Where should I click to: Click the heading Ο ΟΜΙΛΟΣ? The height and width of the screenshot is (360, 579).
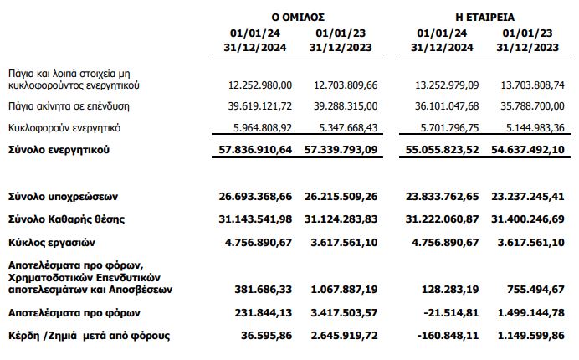(x=299, y=16)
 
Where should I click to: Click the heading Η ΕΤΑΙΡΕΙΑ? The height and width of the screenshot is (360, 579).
(x=487, y=16)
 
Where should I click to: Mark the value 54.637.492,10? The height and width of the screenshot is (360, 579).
(x=527, y=150)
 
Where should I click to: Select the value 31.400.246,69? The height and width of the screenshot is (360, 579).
(x=527, y=219)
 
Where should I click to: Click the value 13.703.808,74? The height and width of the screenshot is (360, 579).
(x=528, y=85)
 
